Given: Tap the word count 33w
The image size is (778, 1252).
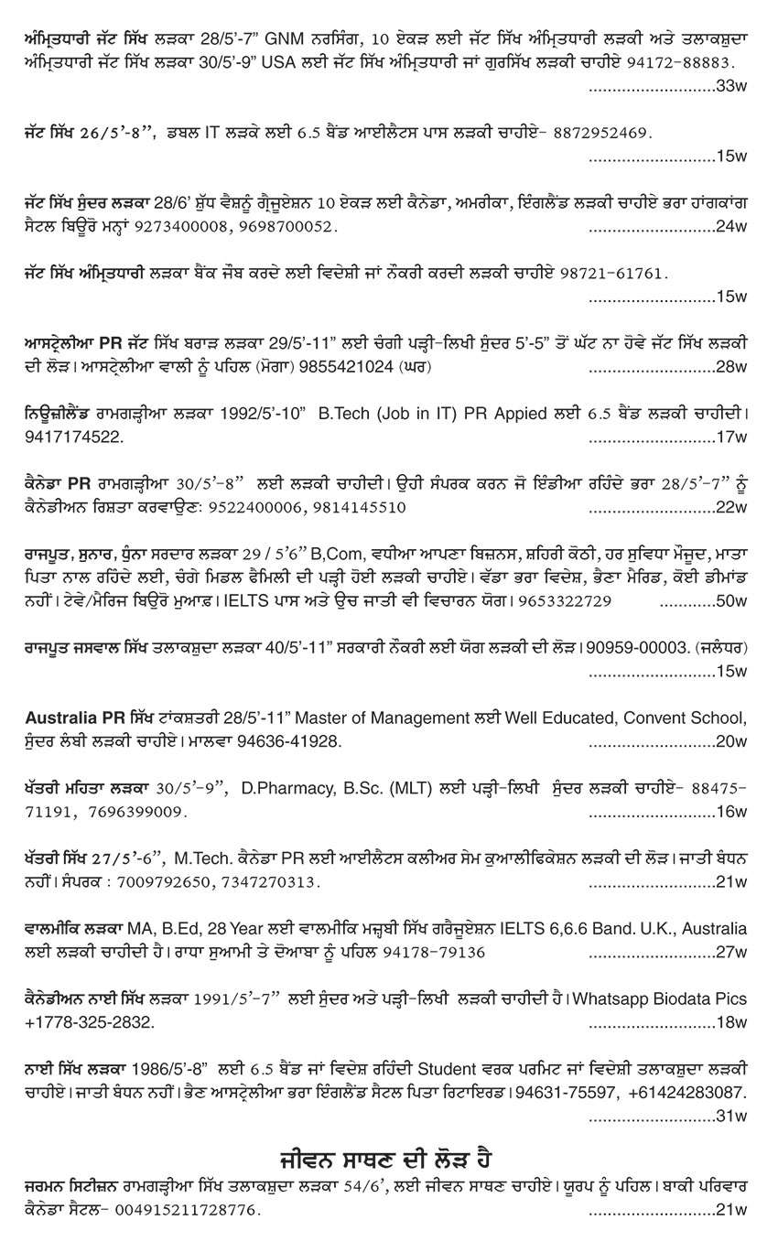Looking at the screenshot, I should tap(732, 86).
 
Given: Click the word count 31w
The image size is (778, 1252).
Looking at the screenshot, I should tap(732, 1116).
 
